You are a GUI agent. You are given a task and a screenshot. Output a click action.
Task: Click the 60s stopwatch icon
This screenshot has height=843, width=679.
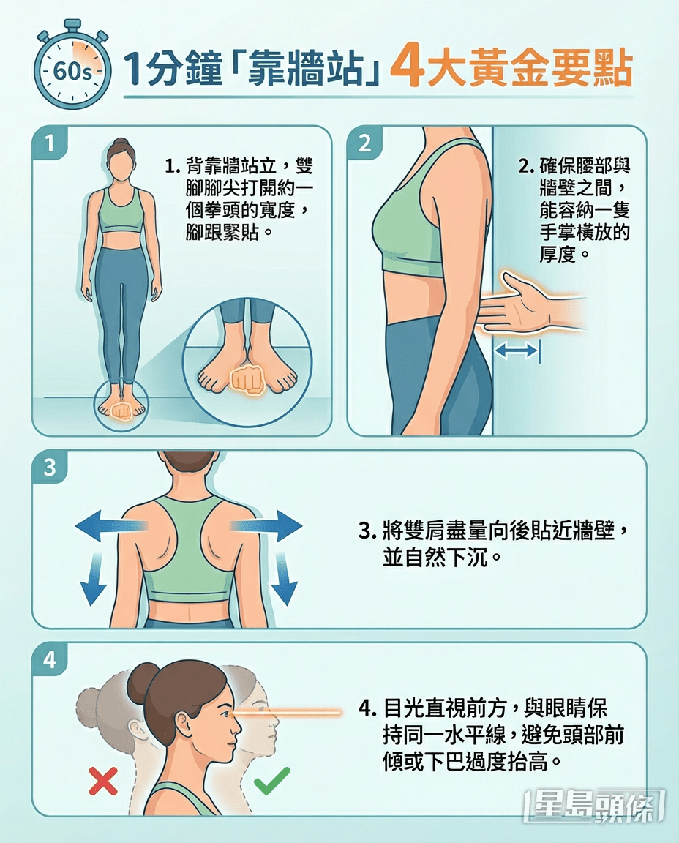72,67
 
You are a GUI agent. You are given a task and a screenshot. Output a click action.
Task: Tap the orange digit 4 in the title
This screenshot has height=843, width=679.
405,69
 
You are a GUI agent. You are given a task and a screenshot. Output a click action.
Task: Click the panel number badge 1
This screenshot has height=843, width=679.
50,143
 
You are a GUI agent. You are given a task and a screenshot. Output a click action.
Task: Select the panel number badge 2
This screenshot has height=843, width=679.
364,143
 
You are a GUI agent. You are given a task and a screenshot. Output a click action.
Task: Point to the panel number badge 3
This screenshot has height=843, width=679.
50,467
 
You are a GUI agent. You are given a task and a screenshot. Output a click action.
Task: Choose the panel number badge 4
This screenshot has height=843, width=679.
50,659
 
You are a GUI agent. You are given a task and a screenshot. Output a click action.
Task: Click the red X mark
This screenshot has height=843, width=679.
102,782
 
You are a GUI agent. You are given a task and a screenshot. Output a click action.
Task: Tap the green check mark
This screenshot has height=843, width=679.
272,780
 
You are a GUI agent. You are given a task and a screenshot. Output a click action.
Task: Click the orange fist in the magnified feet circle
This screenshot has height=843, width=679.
247,380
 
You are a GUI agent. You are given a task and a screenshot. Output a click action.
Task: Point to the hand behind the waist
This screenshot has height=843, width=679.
530,304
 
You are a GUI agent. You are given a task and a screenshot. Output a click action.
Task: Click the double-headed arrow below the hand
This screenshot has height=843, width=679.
516,351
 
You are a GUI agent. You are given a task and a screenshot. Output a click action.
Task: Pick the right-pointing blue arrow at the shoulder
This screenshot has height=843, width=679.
266,525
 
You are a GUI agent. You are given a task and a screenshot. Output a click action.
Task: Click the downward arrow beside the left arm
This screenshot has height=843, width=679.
92,579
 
